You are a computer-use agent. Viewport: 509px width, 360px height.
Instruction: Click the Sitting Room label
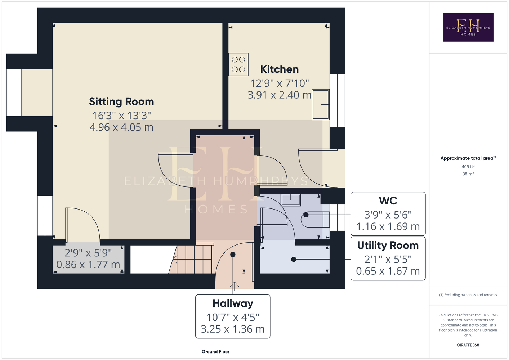coord(121,102)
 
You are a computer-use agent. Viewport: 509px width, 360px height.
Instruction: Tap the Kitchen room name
coord(279,69)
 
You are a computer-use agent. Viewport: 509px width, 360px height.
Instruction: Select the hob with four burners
coord(238,64)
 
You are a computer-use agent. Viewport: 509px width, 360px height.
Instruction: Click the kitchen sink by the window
coord(320,105)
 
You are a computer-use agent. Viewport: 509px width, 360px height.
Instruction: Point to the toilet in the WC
coord(315,220)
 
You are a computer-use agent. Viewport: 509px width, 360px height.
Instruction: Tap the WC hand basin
coord(291,200)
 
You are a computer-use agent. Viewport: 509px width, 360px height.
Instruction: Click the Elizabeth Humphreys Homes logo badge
coord(468,27)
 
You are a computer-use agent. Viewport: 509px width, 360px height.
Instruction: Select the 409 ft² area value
coord(468,166)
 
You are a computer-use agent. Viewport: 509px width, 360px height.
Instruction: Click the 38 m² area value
coord(468,174)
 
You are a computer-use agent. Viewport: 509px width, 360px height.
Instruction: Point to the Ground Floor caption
coord(215,352)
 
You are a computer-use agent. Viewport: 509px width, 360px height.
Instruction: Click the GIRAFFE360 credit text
coord(468,345)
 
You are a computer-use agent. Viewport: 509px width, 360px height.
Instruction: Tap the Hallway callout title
coord(233,303)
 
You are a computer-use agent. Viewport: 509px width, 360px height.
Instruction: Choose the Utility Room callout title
coord(388,246)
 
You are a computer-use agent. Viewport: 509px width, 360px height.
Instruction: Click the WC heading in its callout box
coord(388,201)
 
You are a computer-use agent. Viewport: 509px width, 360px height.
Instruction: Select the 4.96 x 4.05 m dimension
coord(121,127)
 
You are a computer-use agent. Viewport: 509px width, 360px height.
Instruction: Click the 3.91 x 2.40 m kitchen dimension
coord(279,95)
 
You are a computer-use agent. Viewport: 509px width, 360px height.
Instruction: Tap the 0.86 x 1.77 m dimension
coord(88,265)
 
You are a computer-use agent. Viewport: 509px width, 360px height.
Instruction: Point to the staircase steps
coord(193,259)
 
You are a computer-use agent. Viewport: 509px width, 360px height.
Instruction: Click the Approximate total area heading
coord(468,158)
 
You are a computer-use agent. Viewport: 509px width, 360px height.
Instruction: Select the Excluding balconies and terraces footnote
coord(468,295)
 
